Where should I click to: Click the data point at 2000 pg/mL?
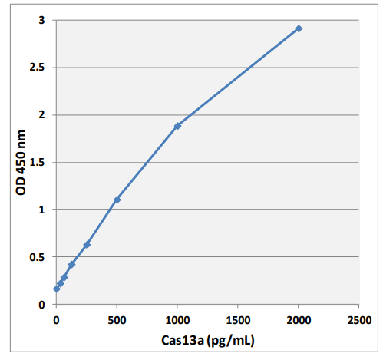[x=299, y=28]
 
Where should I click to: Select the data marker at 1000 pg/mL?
[x=177, y=125]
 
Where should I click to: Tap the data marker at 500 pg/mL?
[x=117, y=200]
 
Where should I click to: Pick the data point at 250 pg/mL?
[x=87, y=245]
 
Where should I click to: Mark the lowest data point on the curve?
[x=56, y=289]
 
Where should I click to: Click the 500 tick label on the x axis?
[x=117, y=318]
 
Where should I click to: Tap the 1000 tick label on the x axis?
[x=177, y=318]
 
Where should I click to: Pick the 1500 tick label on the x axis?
[x=238, y=318]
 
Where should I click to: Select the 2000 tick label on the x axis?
[x=299, y=318]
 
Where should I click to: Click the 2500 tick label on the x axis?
[x=358, y=318]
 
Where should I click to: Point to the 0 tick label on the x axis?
[x=56, y=318]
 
